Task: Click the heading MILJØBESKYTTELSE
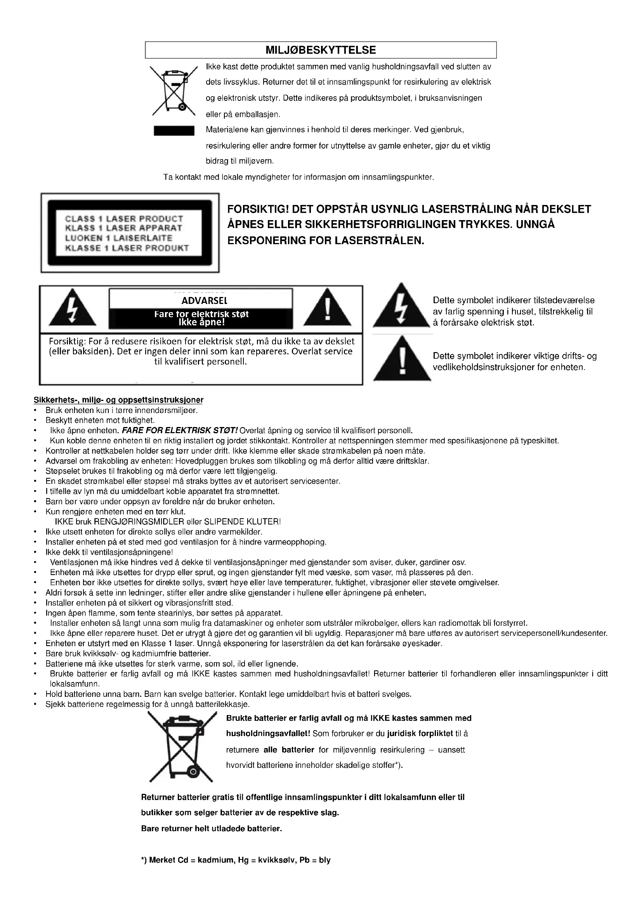pyautogui.click(x=321, y=50)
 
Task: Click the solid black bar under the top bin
pyautogui.click(x=174, y=131)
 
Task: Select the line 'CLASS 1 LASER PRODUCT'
pyautogui.click(x=124, y=219)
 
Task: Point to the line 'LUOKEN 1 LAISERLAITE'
pyautogui.click(x=119, y=238)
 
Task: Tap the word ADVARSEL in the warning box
pyautogui.click(x=205, y=300)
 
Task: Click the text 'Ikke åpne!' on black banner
pyautogui.click(x=201, y=322)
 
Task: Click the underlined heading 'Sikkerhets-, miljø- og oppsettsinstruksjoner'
pyautogui.click(x=119, y=400)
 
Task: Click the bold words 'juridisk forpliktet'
pyautogui.click(x=420, y=734)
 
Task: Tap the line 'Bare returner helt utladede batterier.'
pyautogui.click(x=212, y=828)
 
